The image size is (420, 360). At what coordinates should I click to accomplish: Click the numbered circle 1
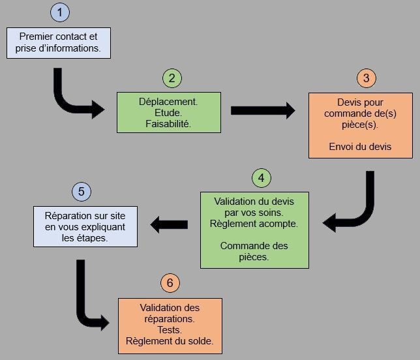tap(60, 12)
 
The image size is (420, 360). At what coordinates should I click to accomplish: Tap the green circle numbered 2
tap(172, 78)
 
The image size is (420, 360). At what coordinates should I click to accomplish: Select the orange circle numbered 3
tap(366, 78)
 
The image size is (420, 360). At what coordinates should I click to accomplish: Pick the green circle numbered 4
tap(262, 178)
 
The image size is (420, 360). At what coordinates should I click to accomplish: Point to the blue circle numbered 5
tap(82, 192)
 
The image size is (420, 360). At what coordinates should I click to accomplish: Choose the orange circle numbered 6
tap(170, 283)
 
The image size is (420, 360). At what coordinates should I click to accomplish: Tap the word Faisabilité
tap(168, 124)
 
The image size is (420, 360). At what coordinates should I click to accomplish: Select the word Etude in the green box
tap(168, 113)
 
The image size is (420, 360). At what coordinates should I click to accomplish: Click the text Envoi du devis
tap(360, 147)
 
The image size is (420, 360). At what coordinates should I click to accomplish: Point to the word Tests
tap(170, 330)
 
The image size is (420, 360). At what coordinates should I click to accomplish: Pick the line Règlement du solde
tap(170, 341)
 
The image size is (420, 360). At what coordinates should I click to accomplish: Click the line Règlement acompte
tap(254, 224)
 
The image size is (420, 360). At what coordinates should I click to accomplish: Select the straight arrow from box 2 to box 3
tap(263, 110)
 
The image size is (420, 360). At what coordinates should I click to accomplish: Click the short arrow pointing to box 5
tap(169, 224)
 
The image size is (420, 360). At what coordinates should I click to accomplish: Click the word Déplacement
tap(168, 102)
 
